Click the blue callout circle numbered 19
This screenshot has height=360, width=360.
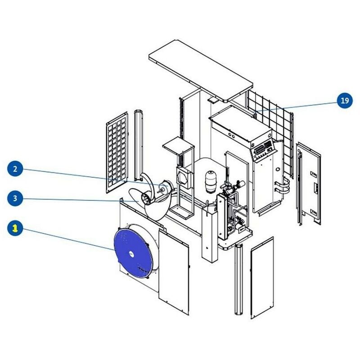pos(345,100)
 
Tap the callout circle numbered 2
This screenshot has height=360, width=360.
pos(15,169)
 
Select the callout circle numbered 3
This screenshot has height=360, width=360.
pos(15,198)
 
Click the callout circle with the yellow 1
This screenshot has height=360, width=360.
pos(15,228)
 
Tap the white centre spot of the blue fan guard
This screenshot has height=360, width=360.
pos(131,253)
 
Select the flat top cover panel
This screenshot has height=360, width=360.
pos(201,71)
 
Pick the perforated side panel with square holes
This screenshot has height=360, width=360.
pos(117,152)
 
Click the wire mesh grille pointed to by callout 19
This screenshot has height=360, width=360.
pos(270,133)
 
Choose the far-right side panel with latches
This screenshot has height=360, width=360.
pos(309,184)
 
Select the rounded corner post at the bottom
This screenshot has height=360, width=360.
pos(238,279)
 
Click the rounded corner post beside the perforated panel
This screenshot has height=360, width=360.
pos(139,145)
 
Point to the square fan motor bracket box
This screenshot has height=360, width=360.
pos(184,177)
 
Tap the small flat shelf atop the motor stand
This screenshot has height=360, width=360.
pos(178,144)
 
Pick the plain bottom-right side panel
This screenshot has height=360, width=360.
pos(262,278)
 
